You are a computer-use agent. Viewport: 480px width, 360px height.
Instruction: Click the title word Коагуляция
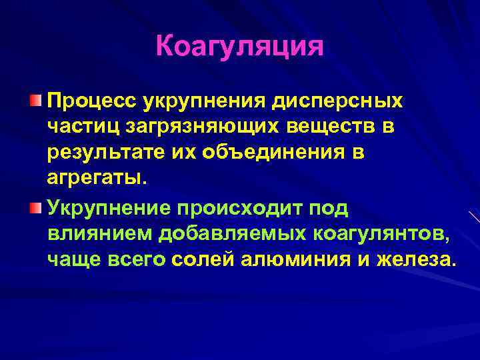pyautogui.click(x=239, y=47)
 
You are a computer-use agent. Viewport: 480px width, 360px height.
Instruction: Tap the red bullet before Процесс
pyautogui.click(x=35, y=100)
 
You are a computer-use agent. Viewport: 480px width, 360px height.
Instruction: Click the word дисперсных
pyautogui.click(x=338, y=102)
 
